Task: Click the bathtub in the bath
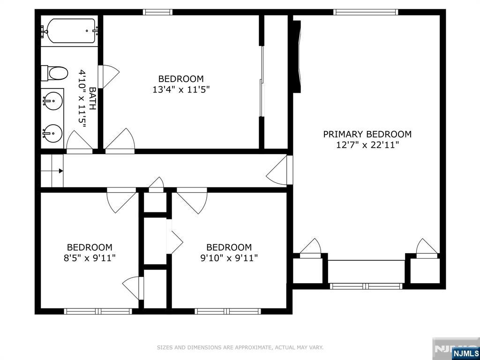pos(69,30)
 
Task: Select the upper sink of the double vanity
pos(52,100)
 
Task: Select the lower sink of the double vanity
pos(52,133)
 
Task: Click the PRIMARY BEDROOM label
pos(367,134)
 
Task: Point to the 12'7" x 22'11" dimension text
pos(367,145)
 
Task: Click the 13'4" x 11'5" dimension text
pos(181,90)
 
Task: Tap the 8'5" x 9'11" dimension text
pos(90,258)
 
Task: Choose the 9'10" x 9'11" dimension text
pos(229,258)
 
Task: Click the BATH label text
pos(92,98)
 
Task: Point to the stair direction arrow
pos(61,171)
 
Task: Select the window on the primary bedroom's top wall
pos(366,12)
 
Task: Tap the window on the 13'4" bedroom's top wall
pos(157,12)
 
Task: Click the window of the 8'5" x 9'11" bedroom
pos(98,311)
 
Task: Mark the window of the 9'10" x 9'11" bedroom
pos(228,311)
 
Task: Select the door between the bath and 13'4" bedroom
pos(108,76)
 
